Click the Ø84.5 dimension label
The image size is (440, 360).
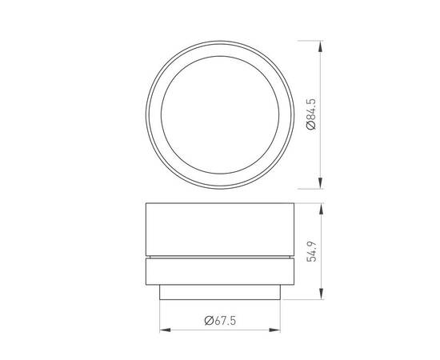[310, 114]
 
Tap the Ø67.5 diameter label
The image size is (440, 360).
[220, 320]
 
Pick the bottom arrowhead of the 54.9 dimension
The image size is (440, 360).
[322, 295]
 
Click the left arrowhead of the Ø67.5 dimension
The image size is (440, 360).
[164, 329]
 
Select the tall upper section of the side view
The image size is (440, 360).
[220, 230]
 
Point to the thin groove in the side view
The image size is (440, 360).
[220, 258]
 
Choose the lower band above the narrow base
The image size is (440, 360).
[220, 273]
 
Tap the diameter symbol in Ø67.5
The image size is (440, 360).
[208, 320]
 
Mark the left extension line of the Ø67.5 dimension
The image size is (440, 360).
[159, 316]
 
